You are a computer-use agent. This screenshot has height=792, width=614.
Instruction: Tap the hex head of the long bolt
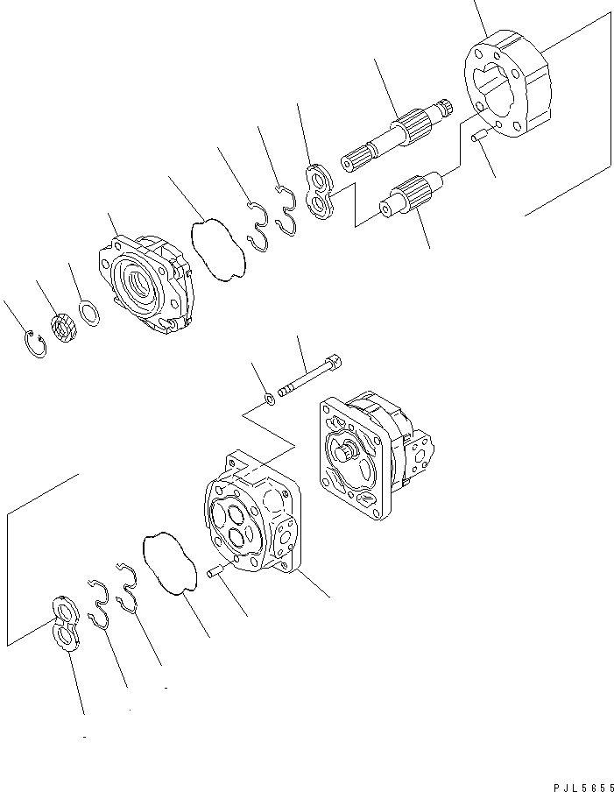pos(334,364)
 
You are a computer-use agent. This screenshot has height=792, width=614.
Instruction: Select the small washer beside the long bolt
pos(272,400)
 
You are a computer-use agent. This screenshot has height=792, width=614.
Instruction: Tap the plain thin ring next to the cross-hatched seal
pos(88,312)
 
